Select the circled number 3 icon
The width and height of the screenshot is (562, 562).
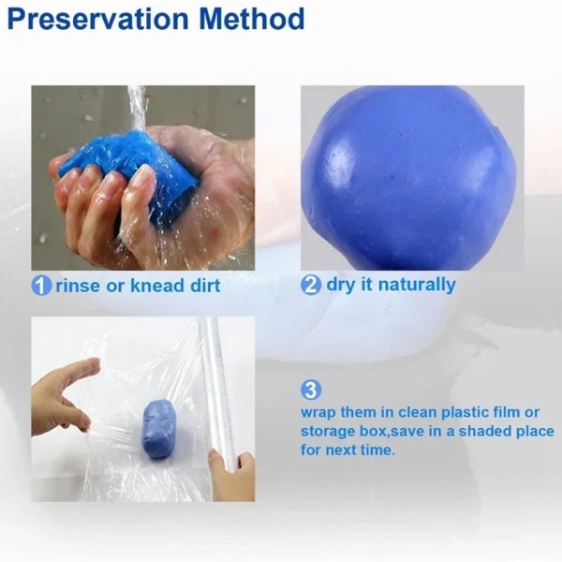click(x=311, y=390)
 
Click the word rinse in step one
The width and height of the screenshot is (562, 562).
click(x=76, y=286)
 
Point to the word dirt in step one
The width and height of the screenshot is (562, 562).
click(x=200, y=286)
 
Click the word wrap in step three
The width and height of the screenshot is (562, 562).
click(x=318, y=413)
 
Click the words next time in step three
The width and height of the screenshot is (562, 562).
click(x=361, y=450)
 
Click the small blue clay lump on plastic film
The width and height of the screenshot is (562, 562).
click(x=159, y=428)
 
